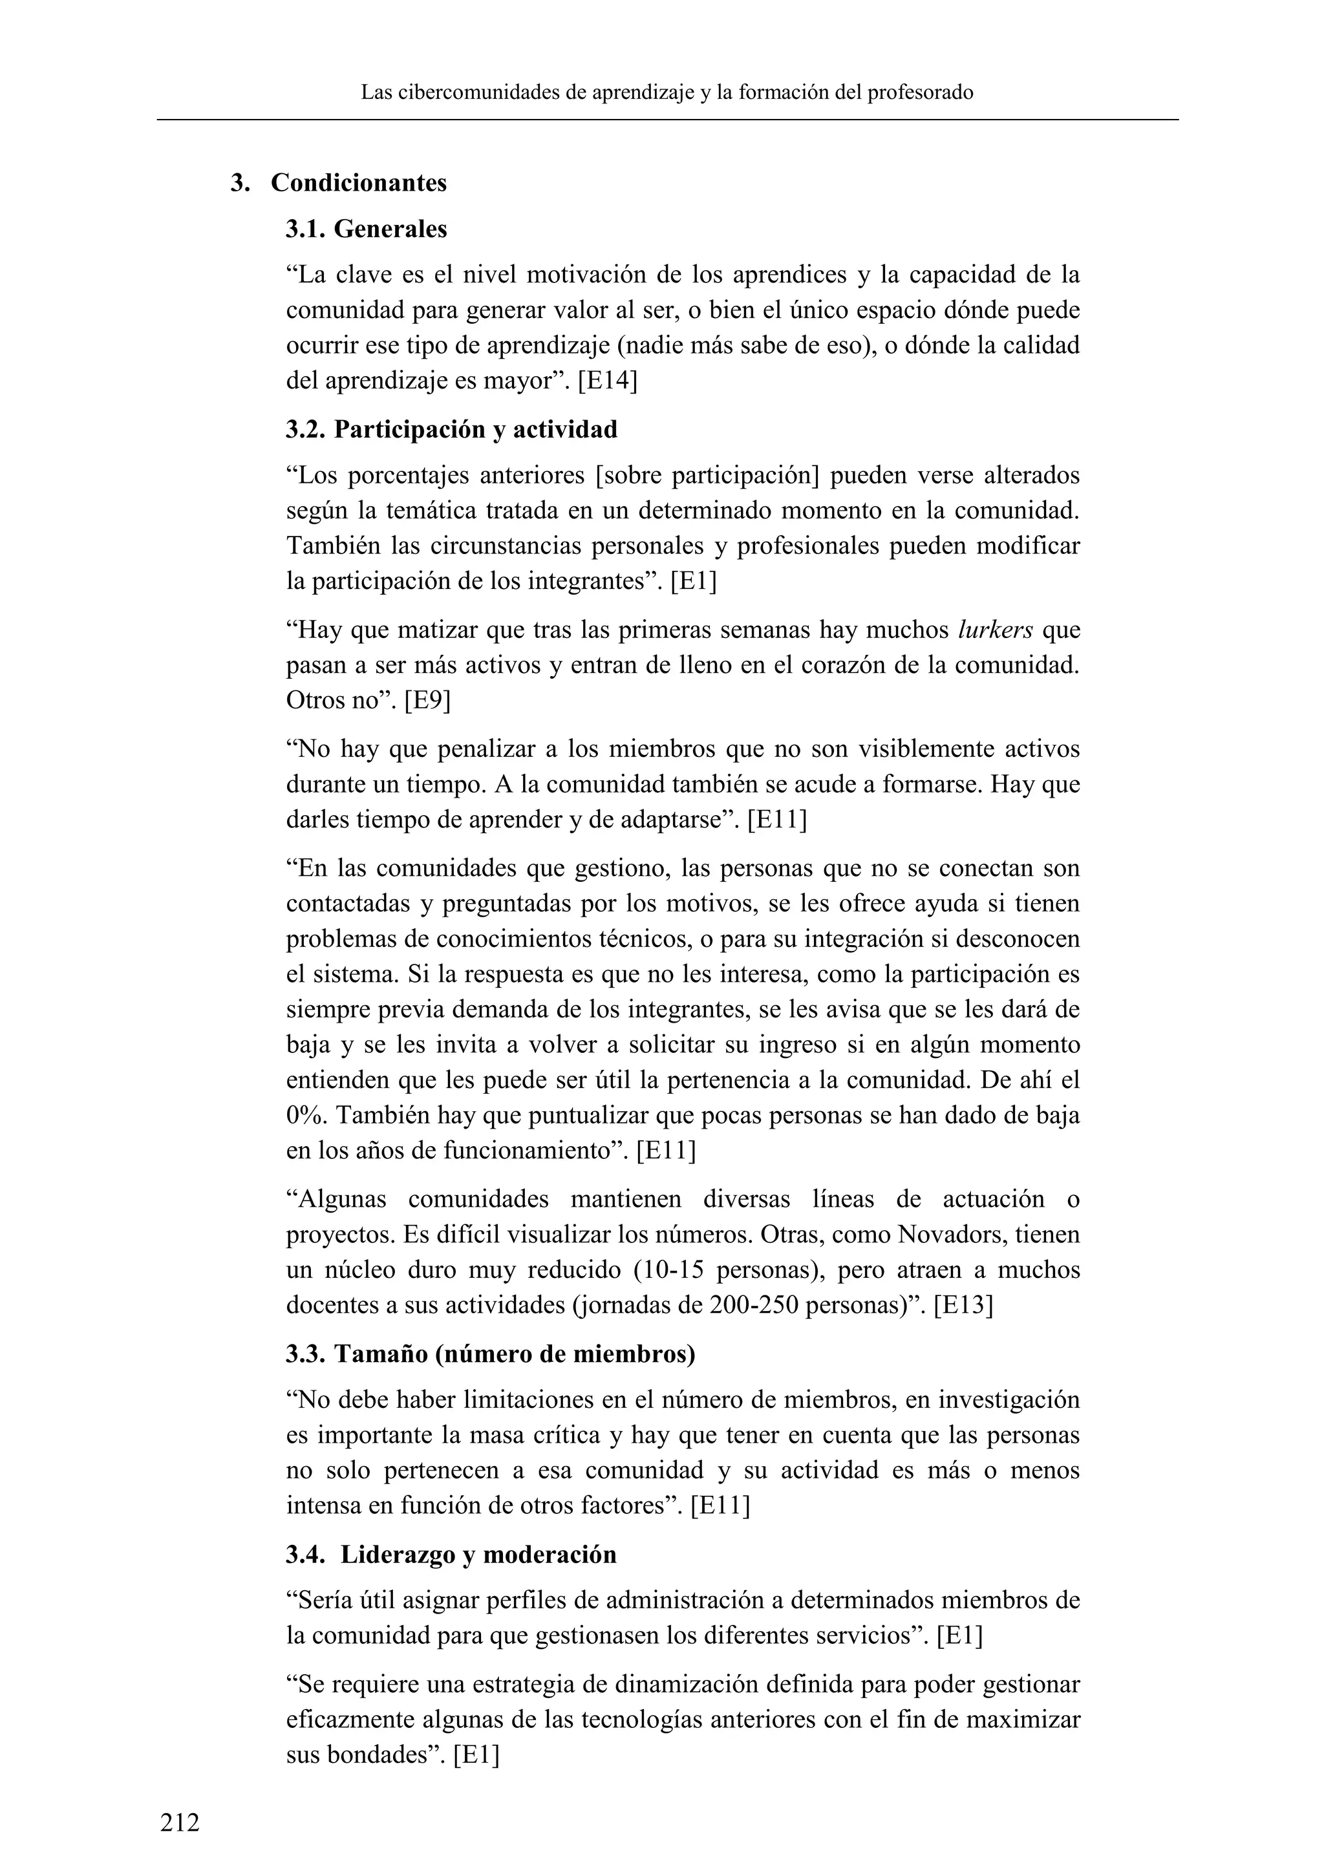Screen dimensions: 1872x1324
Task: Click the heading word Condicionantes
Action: coord(359,183)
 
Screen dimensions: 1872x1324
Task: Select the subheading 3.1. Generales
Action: coord(366,229)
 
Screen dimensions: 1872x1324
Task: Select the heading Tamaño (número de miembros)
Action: coord(515,1354)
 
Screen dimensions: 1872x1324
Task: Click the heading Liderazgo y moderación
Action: coord(478,1555)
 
